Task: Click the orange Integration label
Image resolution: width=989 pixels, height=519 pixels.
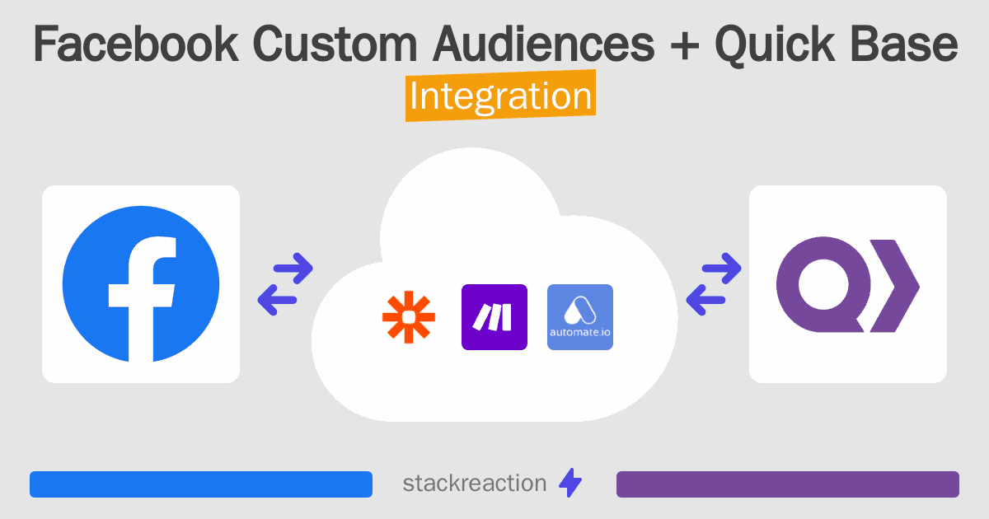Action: click(x=501, y=97)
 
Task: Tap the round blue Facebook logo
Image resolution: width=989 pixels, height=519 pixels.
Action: click(x=141, y=284)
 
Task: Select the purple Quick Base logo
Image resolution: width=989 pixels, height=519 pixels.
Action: click(x=847, y=285)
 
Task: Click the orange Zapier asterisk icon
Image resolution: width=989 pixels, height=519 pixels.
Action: click(x=409, y=318)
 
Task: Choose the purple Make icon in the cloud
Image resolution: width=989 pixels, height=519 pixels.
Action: click(x=494, y=317)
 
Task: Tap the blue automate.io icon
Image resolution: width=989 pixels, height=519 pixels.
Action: click(x=580, y=317)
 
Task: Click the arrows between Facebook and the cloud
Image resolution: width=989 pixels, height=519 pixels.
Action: click(x=285, y=284)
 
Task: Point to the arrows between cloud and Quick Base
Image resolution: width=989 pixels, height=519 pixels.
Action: click(x=714, y=284)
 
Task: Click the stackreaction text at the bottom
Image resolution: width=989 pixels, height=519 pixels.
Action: click(x=474, y=484)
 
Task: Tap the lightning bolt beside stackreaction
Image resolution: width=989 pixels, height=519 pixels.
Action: click(x=570, y=484)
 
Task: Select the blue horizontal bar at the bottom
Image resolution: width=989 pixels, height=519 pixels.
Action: click(x=201, y=484)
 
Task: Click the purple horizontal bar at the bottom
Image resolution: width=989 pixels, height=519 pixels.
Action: click(x=787, y=484)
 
